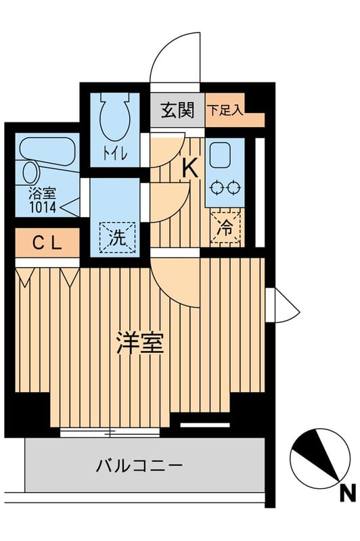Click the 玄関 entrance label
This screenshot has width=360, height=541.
coord(177,109)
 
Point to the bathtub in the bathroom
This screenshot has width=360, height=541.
coord(47,149)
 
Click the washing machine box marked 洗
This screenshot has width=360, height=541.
coord(117,237)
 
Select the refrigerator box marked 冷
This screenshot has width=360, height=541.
coord(224,228)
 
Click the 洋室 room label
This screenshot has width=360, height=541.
coord(139,344)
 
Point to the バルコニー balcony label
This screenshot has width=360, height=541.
coord(139,466)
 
